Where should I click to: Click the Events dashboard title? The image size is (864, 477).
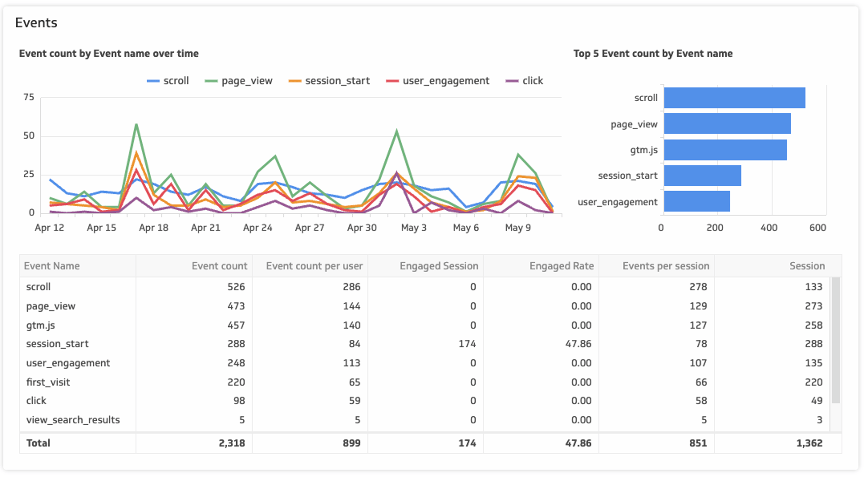36,23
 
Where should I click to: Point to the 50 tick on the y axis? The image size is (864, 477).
29,136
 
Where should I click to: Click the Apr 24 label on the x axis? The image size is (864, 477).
257,228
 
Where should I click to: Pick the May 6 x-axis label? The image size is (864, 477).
466,228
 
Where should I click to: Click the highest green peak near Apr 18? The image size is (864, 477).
136,125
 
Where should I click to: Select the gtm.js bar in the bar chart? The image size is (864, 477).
725,150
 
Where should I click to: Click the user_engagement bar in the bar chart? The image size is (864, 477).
697,202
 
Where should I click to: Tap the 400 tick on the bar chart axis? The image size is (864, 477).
769,228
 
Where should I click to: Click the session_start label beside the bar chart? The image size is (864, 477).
627,176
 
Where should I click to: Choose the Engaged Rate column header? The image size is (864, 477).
561,266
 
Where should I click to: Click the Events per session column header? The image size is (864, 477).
666,266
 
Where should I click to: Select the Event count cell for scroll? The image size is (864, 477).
236,287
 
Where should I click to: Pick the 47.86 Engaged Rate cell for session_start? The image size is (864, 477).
578,344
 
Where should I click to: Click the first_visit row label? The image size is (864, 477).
48,382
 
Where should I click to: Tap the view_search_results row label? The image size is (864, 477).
73,420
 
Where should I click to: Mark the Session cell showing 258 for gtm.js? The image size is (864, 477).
813,325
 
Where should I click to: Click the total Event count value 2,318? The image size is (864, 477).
232,443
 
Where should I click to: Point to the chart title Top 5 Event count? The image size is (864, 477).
652,54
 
